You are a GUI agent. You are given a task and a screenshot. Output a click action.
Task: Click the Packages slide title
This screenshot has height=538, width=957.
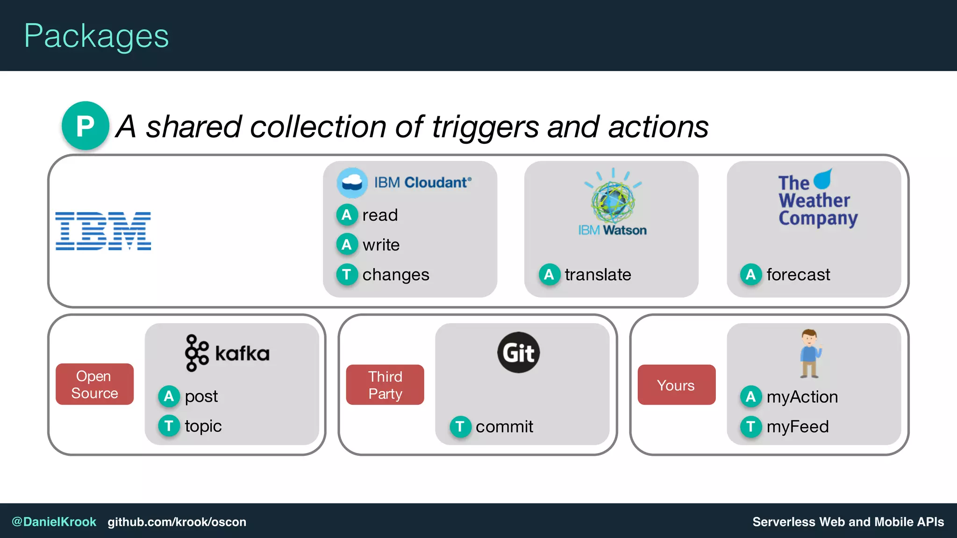tap(96, 36)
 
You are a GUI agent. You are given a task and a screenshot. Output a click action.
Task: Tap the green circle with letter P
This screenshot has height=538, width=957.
tap(86, 126)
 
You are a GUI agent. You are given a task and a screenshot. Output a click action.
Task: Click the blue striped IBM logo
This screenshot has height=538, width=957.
tap(103, 231)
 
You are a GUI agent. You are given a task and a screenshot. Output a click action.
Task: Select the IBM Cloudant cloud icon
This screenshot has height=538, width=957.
tap(352, 183)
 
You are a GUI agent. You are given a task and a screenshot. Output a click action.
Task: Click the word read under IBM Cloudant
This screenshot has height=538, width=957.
tap(380, 215)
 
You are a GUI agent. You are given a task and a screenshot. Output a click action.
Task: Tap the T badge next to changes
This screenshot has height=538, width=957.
tap(347, 275)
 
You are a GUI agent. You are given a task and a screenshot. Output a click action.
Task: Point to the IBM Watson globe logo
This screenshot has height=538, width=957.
tap(613, 198)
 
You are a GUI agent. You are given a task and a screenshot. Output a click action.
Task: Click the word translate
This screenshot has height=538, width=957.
tap(598, 275)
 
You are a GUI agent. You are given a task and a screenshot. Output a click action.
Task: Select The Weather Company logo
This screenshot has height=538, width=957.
tap(817, 198)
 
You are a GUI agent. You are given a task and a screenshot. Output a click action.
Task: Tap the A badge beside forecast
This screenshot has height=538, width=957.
tap(750, 275)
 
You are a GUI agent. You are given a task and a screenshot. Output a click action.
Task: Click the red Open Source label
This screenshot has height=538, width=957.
tap(94, 384)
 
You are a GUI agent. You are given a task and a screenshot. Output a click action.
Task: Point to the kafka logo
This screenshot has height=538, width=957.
tap(228, 353)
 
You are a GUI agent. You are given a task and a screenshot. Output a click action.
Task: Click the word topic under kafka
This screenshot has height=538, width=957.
tap(203, 426)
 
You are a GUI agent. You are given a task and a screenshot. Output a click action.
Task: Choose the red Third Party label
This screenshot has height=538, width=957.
tap(385, 385)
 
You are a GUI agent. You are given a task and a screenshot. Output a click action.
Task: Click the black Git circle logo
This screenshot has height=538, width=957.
tap(518, 353)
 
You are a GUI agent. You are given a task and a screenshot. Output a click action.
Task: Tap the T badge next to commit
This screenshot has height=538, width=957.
tap(460, 426)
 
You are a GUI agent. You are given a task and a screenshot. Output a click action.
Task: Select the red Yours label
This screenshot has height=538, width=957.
tap(676, 385)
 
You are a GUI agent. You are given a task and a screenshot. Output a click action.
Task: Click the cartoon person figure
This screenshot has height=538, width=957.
tap(810, 354)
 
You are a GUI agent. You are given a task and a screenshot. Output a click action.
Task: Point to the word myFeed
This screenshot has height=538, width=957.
tap(798, 426)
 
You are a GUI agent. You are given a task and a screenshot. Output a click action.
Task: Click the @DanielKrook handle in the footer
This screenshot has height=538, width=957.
tap(54, 522)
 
